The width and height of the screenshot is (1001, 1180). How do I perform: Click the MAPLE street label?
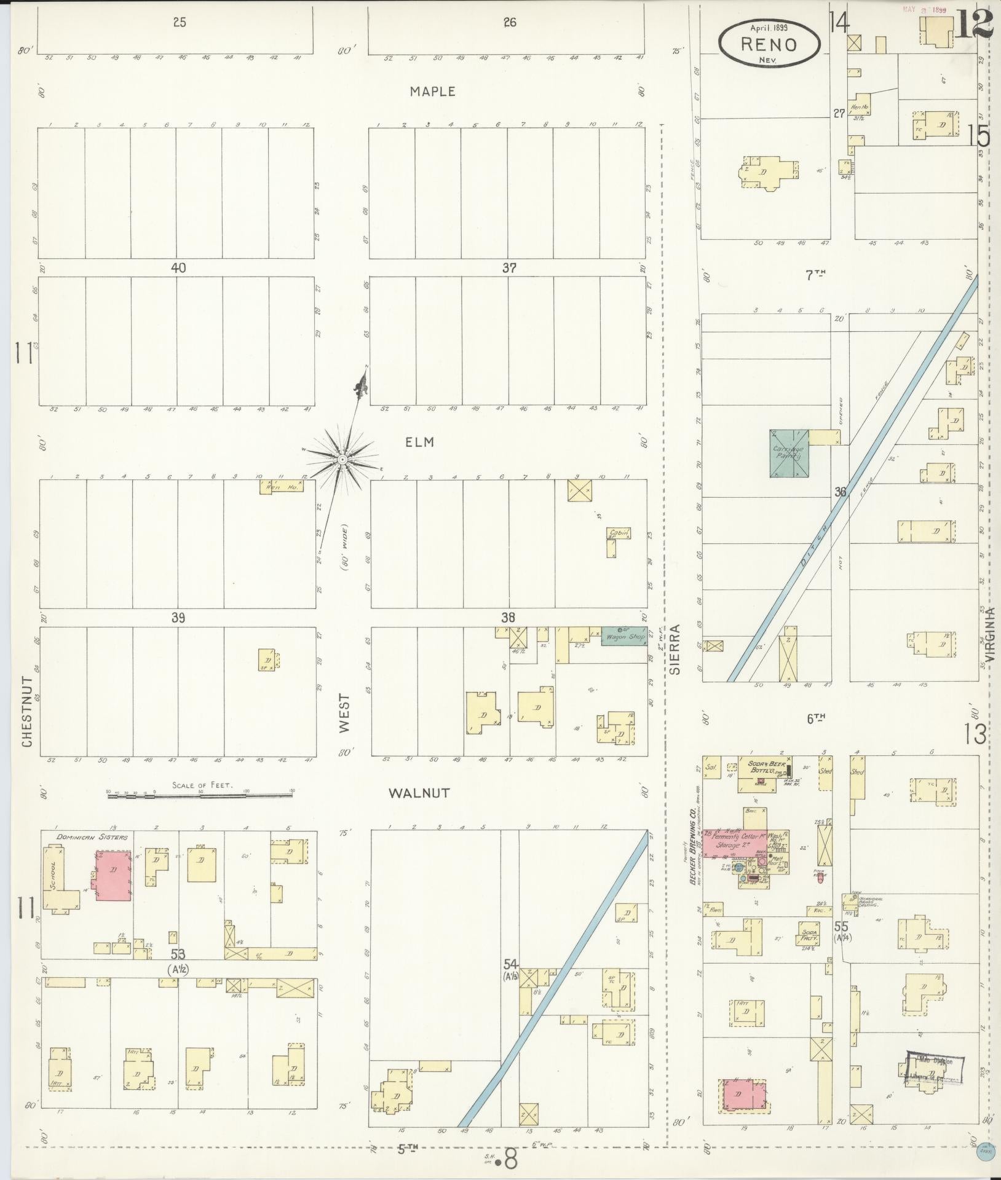[x=433, y=92]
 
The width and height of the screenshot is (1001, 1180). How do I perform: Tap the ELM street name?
[x=420, y=442]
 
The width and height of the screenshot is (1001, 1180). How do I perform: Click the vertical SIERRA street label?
[x=676, y=650]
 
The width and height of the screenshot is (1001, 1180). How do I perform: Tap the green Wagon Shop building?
[x=623, y=636]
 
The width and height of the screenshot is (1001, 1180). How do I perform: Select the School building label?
[x=55, y=878]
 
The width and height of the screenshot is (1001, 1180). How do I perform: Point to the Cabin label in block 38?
[x=618, y=533]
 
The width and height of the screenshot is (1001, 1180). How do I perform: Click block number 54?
[x=509, y=963]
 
